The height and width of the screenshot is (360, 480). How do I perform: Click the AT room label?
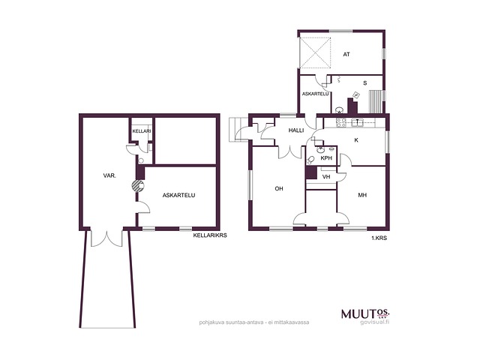click(x=346, y=55)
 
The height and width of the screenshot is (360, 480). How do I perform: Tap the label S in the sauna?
click(x=365, y=83)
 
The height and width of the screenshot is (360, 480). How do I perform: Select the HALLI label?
click(x=296, y=130)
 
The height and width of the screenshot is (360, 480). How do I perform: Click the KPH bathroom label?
click(x=326, y=158)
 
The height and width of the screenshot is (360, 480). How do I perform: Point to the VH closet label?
click(x=326, y=177)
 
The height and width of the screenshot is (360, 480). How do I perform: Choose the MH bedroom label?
click(x=362, y=195)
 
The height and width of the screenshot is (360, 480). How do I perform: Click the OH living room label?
click(x=279, y=188)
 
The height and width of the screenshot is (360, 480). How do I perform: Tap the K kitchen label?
click(x=356, y=140)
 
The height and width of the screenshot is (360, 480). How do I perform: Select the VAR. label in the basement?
click(x=109, y=175)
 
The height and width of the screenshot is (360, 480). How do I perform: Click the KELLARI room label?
click(x=142, y=131)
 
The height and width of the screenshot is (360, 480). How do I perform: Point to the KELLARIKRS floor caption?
click(x=210, y=235)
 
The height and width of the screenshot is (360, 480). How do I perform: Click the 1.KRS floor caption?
click(x=379, y=238)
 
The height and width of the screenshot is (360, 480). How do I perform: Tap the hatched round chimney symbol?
click(x=138, y=186)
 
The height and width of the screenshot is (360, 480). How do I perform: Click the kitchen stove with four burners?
click(x=341, y=123)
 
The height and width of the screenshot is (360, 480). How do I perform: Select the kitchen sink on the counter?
click(x=357, y=123)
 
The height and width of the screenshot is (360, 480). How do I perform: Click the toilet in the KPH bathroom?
click(x=310, y=160)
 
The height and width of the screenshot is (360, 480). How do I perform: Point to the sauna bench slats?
click(x=376, y=102)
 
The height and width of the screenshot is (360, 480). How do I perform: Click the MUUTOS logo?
click(x=365, y=313)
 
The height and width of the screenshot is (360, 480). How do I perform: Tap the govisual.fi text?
click(x=375, y=322)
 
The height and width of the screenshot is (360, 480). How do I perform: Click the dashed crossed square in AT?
click(x=315, y=52)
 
